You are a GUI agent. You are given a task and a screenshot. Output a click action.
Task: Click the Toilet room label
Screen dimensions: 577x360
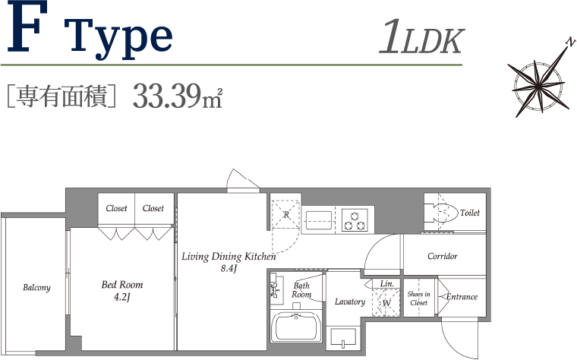coord(470,213)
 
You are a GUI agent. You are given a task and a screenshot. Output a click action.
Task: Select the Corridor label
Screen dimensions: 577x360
coord(443,256)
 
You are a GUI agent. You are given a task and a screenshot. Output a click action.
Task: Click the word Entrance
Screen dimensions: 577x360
coord(462,297)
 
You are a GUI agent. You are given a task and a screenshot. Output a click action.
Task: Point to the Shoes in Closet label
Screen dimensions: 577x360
coord(419,298)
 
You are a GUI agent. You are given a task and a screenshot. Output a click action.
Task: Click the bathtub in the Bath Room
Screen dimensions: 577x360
coord(296,327)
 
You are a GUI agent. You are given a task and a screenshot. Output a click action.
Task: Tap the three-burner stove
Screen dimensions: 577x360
coord(355,220)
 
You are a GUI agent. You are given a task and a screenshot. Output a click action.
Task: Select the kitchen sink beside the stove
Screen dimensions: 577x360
coord(319,220)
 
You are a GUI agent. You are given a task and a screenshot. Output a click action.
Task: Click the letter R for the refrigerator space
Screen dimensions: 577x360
coord(286,214)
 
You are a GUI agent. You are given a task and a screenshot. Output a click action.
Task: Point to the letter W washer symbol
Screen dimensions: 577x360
coord(386,303)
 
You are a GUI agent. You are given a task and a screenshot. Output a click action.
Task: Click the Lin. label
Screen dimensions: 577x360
coord(387,283)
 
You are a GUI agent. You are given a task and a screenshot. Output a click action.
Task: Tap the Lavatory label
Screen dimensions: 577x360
coord(350,302)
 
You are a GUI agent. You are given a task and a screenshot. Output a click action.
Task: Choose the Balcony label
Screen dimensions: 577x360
coord(36,288)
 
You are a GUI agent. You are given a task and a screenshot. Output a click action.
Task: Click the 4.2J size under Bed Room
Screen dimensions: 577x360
coord(121,297)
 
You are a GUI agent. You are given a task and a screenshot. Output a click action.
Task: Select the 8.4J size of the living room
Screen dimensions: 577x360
coord(229,268)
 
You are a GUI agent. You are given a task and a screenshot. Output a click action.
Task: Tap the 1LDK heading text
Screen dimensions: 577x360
coord(421,37)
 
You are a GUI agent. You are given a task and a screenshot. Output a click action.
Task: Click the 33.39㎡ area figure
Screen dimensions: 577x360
coord(178,96)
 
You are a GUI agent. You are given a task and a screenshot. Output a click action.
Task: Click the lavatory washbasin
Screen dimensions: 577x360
coord(343,337)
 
